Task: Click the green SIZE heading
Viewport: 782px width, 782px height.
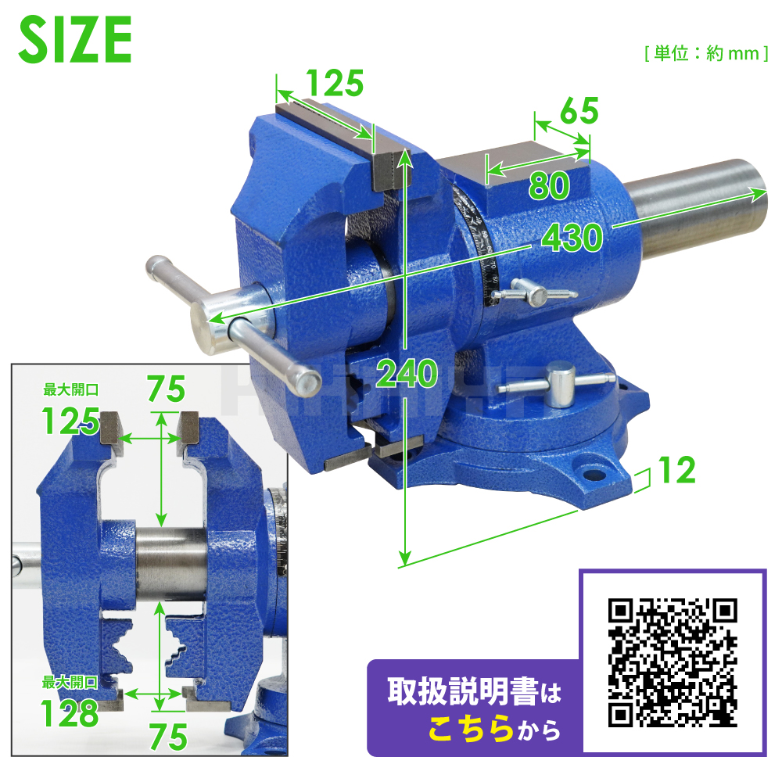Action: click(75, 39)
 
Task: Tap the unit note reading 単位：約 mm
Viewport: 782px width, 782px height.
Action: click(706, 53)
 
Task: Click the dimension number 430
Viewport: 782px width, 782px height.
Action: click(572, 238)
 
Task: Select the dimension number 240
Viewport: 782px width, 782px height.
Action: click(407, 373)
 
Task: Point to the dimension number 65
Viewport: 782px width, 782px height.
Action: click(579, 111)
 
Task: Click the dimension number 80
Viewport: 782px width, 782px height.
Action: click(549, 185)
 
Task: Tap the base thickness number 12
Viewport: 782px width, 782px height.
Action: click(676, 469)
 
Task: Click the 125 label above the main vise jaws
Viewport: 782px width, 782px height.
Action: click(335, 83)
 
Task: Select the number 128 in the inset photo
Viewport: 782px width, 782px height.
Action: click(70, 713)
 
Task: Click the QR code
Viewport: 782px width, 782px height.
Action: click(673, 662)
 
